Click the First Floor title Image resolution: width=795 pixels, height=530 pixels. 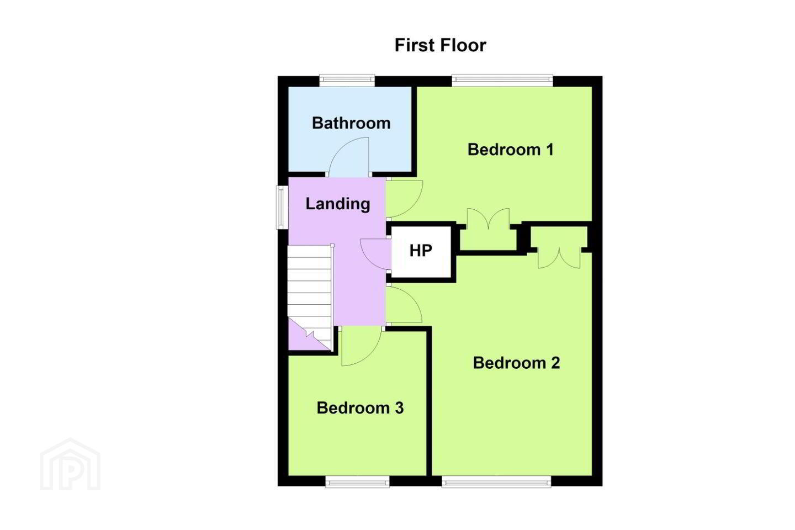pyautogui.click(x=440, y=45)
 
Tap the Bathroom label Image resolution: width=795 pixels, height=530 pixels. pyautogui.click(x=351, y=123)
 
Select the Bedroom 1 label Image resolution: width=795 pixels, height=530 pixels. pyautogui.click(x=510, y=150)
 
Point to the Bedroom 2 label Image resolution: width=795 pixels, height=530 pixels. pyautogui.click(x=516, y=363)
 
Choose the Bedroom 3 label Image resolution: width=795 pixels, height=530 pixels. pyautogui.click(x=360, y=408)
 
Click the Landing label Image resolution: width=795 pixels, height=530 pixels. pyautogui.click(x=337, y=204)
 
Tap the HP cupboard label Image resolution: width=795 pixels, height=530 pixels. pyautogui.click(x=421, y=251)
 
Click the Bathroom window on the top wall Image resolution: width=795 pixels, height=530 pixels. pyautogui.click(x=347, y=80)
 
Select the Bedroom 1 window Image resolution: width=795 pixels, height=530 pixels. pyautogui.click(x=502, y=80)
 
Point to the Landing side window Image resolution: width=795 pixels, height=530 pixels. pyautogui.click(x=283, y=207)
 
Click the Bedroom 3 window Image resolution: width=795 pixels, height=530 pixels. pyautogui.click(x=357, y=481)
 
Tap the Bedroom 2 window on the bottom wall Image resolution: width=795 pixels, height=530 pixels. pyautogui.click(x=496, y=481)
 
